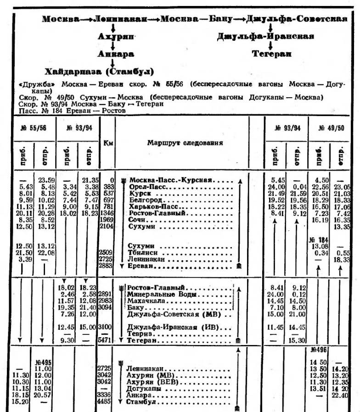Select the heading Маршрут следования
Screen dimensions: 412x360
185,143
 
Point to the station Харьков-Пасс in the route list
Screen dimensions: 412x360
154,207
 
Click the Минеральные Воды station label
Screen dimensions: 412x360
156,295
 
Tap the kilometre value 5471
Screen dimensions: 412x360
106,341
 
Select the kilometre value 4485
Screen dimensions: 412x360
106,402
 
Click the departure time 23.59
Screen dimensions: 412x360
46,180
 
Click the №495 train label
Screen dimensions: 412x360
44,362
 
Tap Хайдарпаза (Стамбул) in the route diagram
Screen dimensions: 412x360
99,72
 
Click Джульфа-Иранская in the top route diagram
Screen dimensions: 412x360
265,37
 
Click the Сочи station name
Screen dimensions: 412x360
137,220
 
